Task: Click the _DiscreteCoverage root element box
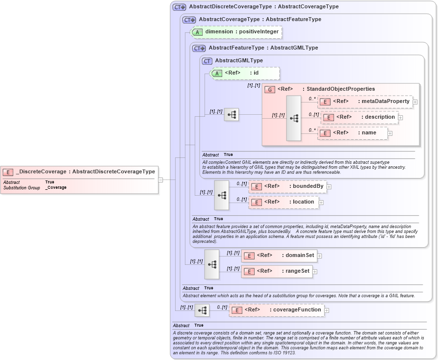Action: (x=80, y=172)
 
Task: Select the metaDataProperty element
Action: (x=365, y=102)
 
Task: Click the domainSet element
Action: (x=279, y=256)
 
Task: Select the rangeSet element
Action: (x=277, y=271)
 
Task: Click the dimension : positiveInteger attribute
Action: (x=236, y=32)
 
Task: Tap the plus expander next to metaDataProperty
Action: (x=415, y=102)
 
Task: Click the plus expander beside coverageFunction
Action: (x=326, y=310)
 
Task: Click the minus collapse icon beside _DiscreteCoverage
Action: (x=160, y=180)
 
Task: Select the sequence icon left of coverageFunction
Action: (x=202, y=310)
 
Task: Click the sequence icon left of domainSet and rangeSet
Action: (x=212, y=264)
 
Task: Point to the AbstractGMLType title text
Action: (x=239, y=61)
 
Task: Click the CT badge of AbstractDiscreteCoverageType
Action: (x=179, y=7)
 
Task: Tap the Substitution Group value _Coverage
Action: (x=56, y=188)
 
